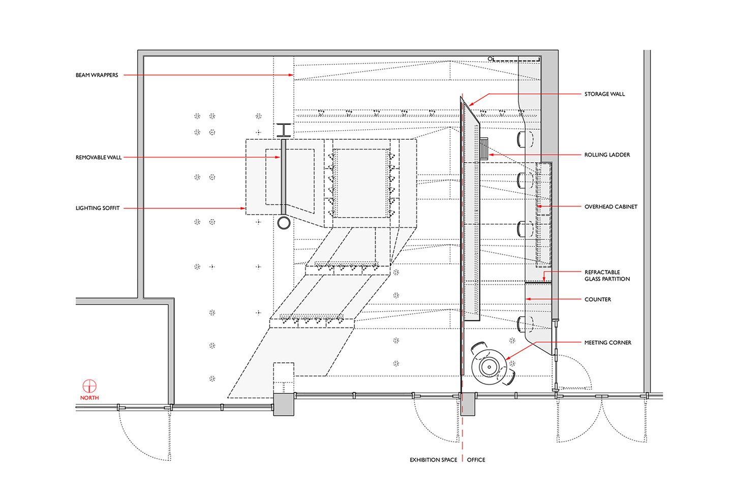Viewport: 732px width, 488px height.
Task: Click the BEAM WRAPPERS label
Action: click(97, 75)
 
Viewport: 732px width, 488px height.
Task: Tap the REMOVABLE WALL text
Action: click(99, 158)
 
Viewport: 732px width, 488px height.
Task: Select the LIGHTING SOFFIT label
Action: click(98, 208)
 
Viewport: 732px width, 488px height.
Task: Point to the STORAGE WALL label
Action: click(604, 94)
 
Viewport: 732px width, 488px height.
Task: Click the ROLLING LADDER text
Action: click(607, 155)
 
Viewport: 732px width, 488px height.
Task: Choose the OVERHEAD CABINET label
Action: click(611, 207)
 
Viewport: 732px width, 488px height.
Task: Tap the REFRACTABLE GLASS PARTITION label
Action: click(607, 276)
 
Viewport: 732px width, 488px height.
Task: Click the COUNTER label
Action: click(598, 299)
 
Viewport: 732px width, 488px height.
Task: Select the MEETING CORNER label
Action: click(608, 343)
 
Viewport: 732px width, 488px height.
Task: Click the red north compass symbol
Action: click(89, 386)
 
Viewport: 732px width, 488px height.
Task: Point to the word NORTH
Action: click(89, 398)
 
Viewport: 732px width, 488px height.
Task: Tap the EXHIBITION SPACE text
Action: click(434, 460)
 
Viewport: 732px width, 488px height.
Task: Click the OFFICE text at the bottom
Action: click(476, 460)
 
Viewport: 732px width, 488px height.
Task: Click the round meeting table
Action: click(489, 367)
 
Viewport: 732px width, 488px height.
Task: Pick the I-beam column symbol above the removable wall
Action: click(284, 130)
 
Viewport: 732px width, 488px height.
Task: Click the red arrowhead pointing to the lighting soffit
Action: click(243, 208)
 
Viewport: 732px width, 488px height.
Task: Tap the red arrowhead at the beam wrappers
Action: click(291, 75)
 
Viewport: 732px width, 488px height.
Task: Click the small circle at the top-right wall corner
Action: click(490, 59)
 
